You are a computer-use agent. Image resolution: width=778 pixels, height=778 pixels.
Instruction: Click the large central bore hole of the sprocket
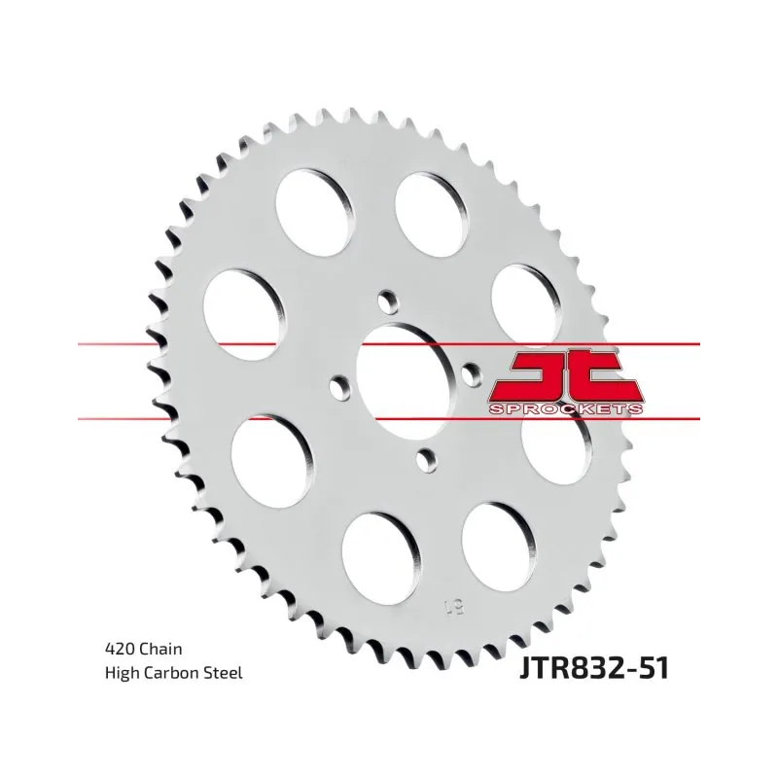point(406,380)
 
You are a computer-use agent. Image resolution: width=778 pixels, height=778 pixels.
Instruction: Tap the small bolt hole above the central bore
point(388,301)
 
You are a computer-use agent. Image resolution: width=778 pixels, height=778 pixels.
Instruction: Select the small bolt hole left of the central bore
point(338,385)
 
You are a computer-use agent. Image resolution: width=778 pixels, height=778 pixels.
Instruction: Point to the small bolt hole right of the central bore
point(472,374)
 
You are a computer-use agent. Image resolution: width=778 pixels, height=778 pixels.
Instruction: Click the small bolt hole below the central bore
point(427,460)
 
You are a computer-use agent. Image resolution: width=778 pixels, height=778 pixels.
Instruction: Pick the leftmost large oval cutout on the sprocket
point(244,314)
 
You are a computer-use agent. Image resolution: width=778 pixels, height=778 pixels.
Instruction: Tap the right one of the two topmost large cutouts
point(432,214)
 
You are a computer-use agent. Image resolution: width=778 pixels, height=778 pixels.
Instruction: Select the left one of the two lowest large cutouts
point(381,559)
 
